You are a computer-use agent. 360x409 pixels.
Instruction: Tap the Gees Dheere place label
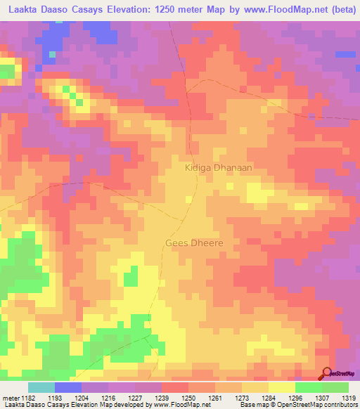[194, 243]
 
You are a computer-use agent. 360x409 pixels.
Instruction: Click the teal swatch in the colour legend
[41, 387]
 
